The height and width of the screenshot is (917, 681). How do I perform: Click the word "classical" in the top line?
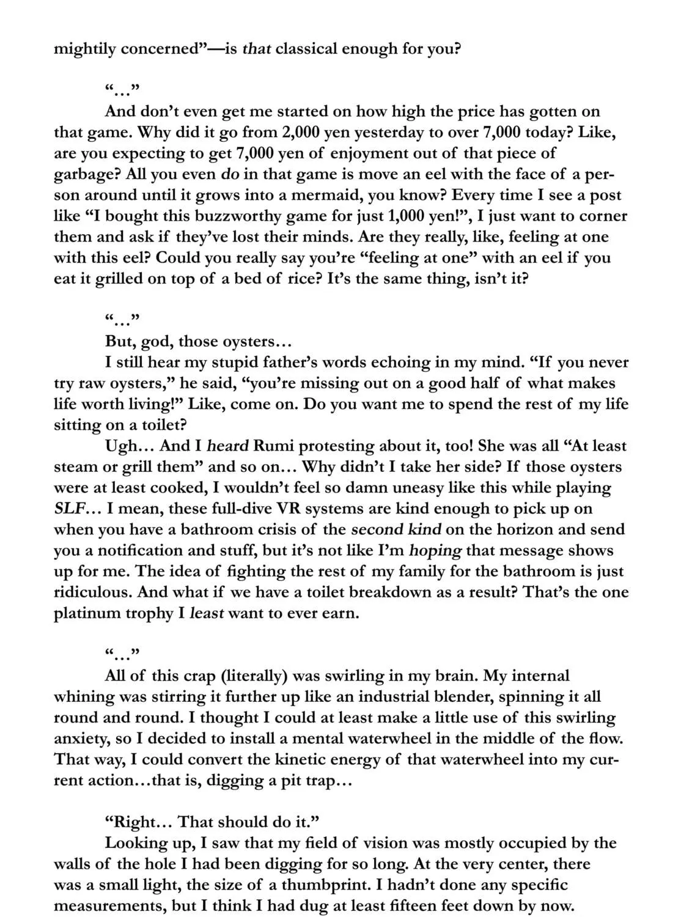pos(306,48)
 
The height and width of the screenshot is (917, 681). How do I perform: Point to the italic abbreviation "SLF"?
pos(69,509)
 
